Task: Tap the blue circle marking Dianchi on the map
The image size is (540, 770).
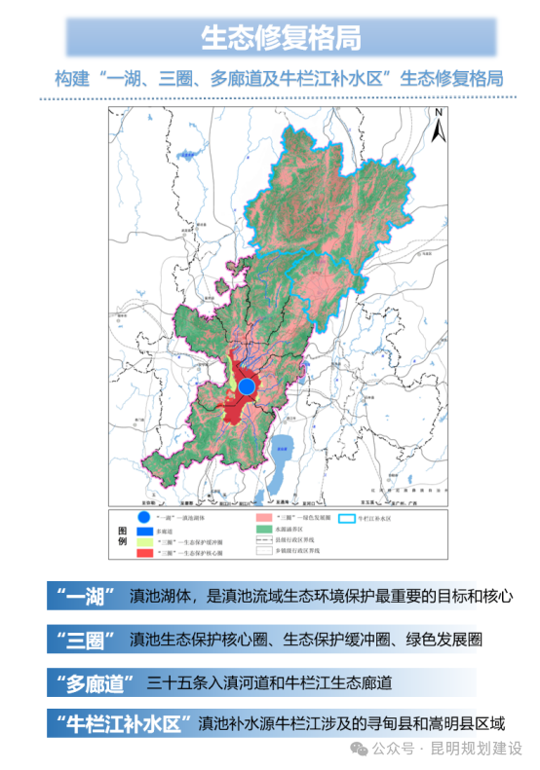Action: (247, 386)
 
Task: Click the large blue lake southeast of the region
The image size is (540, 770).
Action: (284, 453)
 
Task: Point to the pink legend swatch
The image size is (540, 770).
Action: (263, 518)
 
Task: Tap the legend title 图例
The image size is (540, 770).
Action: (121, 534)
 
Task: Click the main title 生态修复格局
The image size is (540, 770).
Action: (281, 38)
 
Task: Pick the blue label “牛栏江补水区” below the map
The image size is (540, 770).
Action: (120, 724)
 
